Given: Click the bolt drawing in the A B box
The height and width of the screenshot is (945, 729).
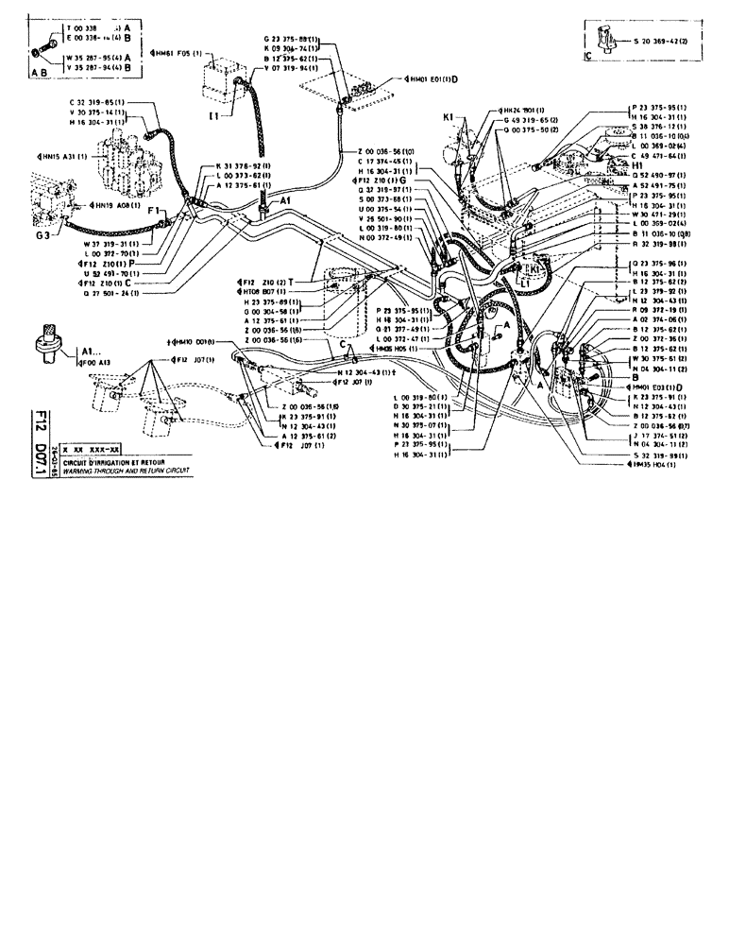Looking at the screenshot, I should tap(44, 43).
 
